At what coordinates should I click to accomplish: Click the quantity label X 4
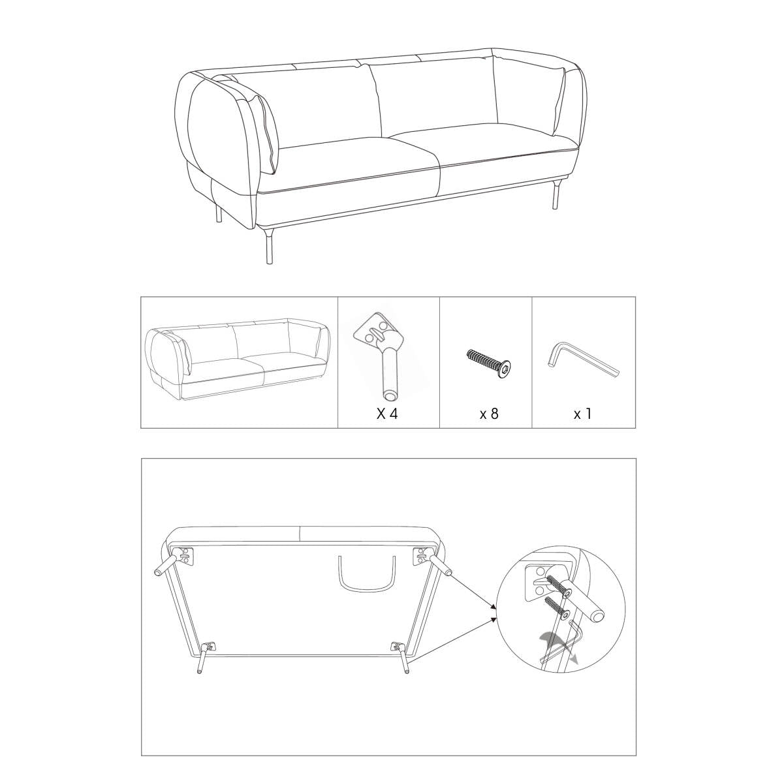(387, 414)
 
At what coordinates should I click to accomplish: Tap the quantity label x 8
(489, 414)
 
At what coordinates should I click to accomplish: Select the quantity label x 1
(582, 414)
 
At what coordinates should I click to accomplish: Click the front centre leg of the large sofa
(269, 246)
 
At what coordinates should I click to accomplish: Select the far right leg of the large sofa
(556, 194)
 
